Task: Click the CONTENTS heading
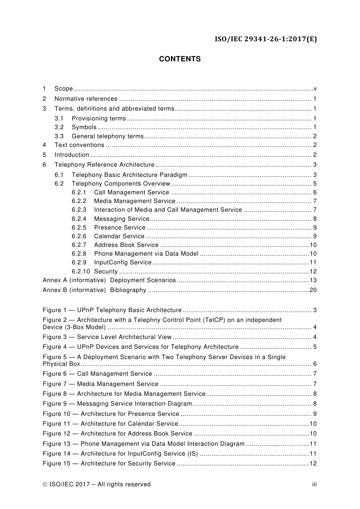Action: pos(180,59)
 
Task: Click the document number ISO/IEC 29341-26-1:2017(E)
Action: pos(266,39)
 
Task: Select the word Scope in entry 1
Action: pos(63,89)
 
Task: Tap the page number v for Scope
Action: pos(315,89)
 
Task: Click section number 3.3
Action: pos(59,136)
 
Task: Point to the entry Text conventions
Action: pos(79,145)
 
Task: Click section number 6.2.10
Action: pos(81,272)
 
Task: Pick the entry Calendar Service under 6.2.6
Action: pos(119,236)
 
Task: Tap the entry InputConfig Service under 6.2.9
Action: pos(123,262)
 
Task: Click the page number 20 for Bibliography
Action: pos(313,290)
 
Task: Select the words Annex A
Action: pos(55,280)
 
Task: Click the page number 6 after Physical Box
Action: pos(315,364)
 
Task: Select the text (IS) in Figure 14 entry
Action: pos(193,454)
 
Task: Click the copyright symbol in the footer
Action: pos(45,484)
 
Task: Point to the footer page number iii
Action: pos(314,484)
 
